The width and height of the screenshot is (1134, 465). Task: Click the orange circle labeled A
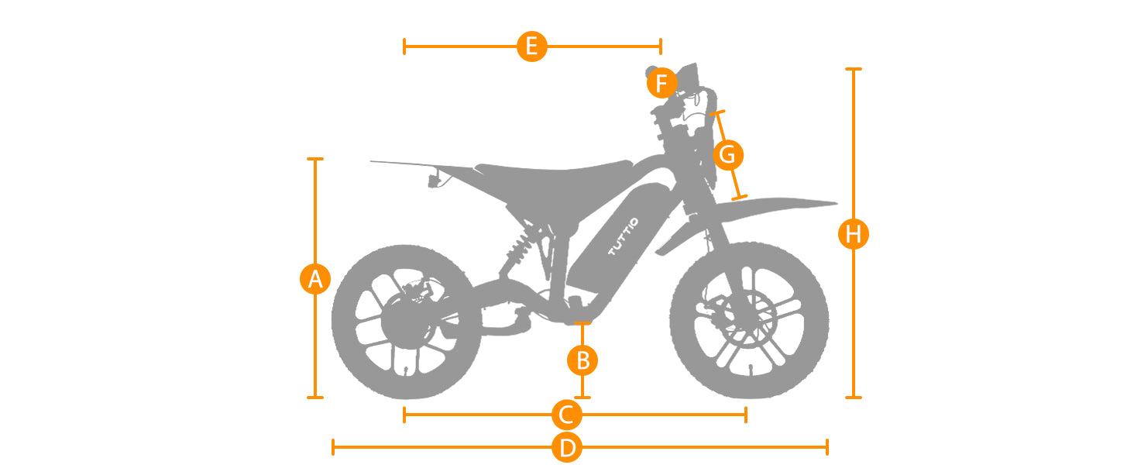click(x=315, y=279)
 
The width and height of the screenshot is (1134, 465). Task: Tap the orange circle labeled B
click(x=583, y=360)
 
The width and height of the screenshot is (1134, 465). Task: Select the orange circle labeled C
click(x=566, y=415)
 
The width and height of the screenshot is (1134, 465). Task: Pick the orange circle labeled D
click(x=566, y=447)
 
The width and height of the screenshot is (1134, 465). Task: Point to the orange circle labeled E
click(x=531, y=46)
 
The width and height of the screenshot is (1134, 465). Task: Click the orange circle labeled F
click(x=661, y=83)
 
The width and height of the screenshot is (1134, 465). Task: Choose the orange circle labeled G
click(x=727, y=156)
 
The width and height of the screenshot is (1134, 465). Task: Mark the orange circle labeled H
click(x=854, y=234)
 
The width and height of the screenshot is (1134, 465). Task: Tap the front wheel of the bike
click(x=749, y=320)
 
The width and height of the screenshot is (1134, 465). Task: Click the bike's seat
click(x=554, y=171)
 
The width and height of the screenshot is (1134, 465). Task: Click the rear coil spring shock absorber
click(x=517, y=245)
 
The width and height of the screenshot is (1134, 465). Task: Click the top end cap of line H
click(x=854, y=69)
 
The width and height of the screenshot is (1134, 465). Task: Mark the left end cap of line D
click(x=333, y=447)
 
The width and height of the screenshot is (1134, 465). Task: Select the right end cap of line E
click(x=660, y=46)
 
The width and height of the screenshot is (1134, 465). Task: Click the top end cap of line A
click(x=315, y=159)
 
